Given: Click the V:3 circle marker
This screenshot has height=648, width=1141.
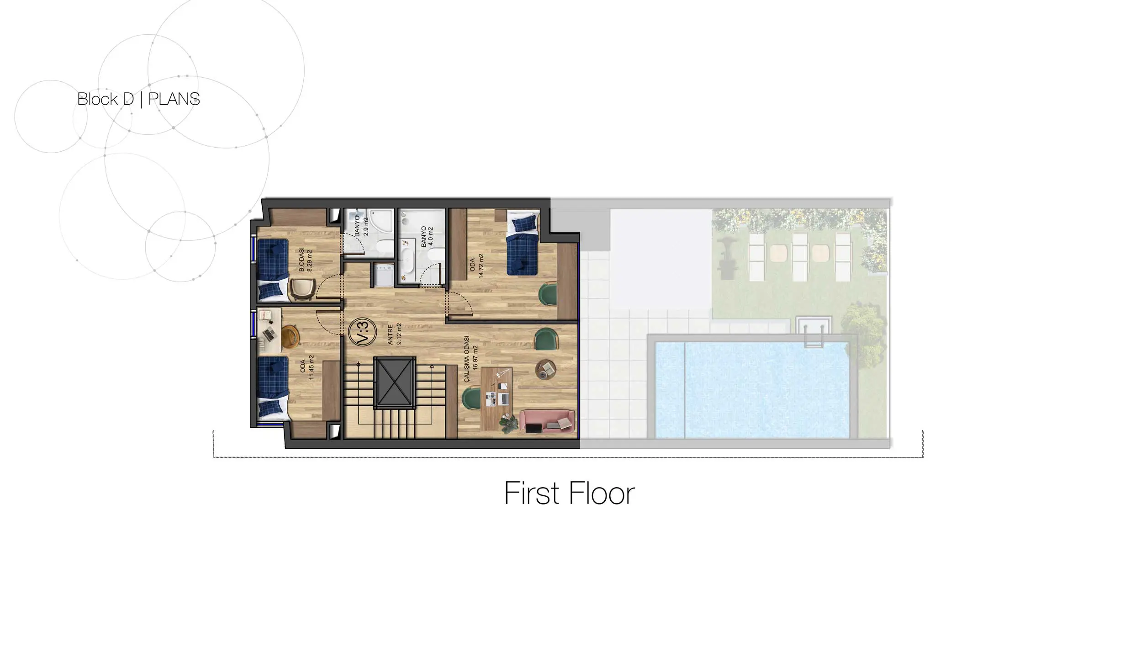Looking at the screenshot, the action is [x=362, y=332].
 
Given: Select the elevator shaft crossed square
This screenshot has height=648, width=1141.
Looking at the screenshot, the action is [x=395, y=382].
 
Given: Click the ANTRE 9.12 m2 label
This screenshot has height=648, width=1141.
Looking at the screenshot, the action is [x=395, y=334].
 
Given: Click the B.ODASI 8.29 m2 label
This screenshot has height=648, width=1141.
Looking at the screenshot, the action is [x=306, y=260].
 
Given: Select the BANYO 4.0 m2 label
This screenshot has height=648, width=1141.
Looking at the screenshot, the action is [x=427, y=236].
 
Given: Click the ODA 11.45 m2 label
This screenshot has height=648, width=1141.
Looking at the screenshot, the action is [x=307, y=367].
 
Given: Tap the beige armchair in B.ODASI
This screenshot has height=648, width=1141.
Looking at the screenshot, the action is [x=302, y=289].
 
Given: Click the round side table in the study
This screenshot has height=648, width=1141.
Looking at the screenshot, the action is [x=545, y=369].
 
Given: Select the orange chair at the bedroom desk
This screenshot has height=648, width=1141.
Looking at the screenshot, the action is [x=290, y=336].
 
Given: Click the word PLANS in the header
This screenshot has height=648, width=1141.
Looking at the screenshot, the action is [x=174, y=99].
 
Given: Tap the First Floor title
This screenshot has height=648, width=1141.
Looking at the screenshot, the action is [x=569, y=493].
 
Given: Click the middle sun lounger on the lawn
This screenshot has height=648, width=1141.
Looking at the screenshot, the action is [x=799, y=257].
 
